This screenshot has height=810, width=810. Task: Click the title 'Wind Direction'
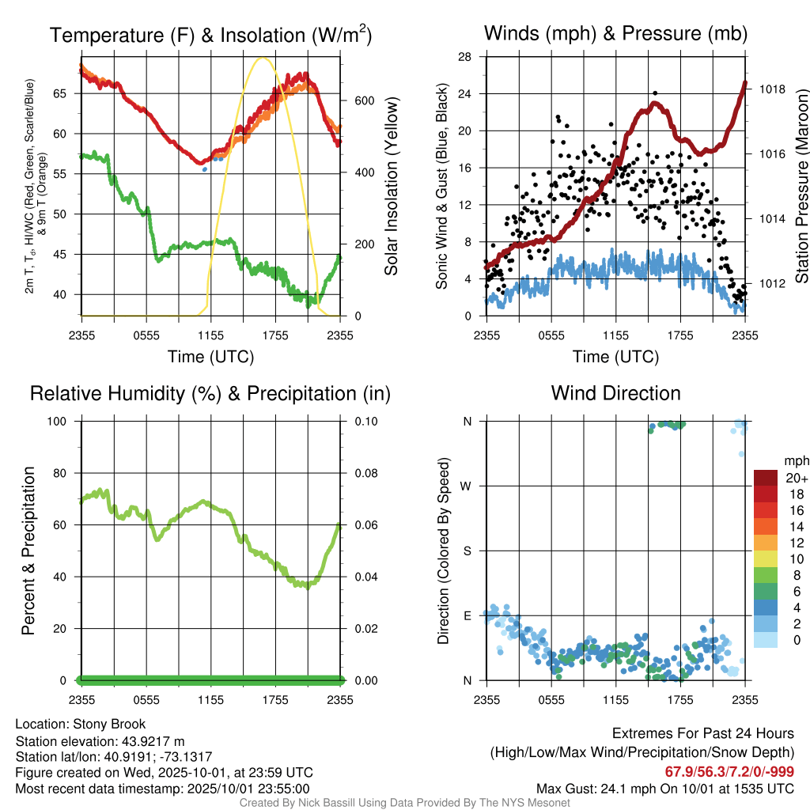[615, 393]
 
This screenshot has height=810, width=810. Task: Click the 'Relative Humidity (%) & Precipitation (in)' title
[210, 393]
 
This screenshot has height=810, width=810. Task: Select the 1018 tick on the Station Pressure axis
[770, 89]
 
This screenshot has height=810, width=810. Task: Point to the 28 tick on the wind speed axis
[466, 56]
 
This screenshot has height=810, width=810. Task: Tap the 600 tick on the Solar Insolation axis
[364, 100]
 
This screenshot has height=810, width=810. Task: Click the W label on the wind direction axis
[467, 486]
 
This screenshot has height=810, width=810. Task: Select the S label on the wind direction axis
[467, 551]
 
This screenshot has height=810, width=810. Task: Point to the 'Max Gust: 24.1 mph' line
[664, 788]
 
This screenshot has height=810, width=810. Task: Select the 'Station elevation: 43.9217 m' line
[100, 740]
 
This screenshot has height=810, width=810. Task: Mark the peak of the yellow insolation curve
[263, 58]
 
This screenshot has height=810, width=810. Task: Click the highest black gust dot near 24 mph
[655, 93]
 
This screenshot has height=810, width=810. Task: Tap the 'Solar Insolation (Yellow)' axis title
[392, 186]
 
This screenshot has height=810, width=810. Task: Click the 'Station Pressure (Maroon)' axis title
[801, 186]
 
